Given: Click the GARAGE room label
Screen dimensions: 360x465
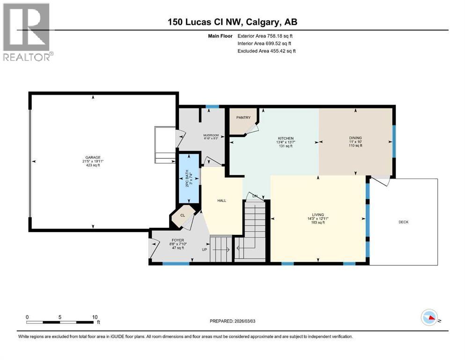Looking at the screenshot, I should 93,157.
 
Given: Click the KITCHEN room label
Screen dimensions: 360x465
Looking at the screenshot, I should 285,138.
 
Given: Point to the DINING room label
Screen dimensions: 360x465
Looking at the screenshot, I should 355,138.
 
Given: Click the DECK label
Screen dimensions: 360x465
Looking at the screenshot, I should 403,222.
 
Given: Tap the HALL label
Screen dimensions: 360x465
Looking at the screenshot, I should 221,201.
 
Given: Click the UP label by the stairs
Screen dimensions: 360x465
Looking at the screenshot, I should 204,249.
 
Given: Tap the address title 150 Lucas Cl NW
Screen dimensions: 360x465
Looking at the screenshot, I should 233,22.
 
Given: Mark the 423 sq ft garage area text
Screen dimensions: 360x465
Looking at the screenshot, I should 93,165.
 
